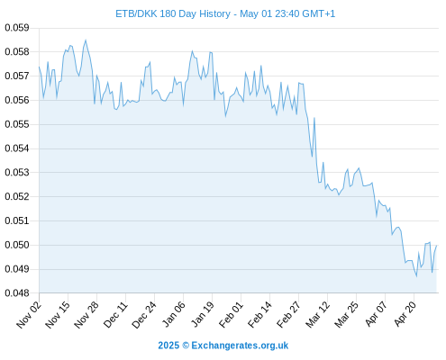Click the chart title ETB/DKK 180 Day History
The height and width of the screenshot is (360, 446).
(x=173, y=13)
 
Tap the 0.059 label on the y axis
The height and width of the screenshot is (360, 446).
(x=17, y=28)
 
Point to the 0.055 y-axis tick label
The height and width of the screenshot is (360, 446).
(x=17, y=124)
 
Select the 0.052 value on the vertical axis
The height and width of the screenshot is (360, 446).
(x=17, y=196)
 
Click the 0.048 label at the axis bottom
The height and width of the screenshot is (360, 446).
(x=17, y=293)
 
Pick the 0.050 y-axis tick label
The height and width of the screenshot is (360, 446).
(x=17, y=245)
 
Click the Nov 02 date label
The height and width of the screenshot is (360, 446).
(x=29, y=314)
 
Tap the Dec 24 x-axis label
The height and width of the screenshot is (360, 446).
(x=144, y=314)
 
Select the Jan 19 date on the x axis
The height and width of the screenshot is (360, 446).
(x=203, y=314)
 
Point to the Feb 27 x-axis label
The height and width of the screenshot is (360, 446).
(x=288, y=314)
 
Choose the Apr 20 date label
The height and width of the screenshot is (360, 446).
(x=405, y=314)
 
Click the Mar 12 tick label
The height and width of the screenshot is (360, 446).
(x=318, y=314)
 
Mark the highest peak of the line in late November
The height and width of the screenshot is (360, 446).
(x=86, y=40)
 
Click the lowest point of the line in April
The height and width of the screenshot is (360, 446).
(x=416, y=276)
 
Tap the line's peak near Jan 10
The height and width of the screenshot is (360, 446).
(x=192, y=51)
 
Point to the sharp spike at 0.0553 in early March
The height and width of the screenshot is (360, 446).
(x=314, y=118)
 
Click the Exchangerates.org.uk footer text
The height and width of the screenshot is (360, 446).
(x=240, y=346)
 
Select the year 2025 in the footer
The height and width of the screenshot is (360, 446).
(x=168, y=346)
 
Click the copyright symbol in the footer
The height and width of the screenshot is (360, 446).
(x=186, y=346)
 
